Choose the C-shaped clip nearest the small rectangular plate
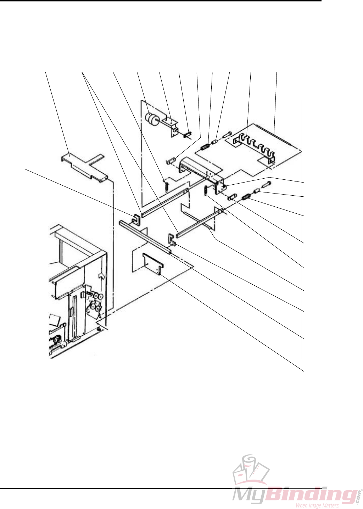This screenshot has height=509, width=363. pos(171,239)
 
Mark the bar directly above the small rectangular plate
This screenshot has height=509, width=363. pos(146,237)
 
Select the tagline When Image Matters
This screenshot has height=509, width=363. pos(317,505)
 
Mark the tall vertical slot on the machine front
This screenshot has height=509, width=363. pos(73,312)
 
